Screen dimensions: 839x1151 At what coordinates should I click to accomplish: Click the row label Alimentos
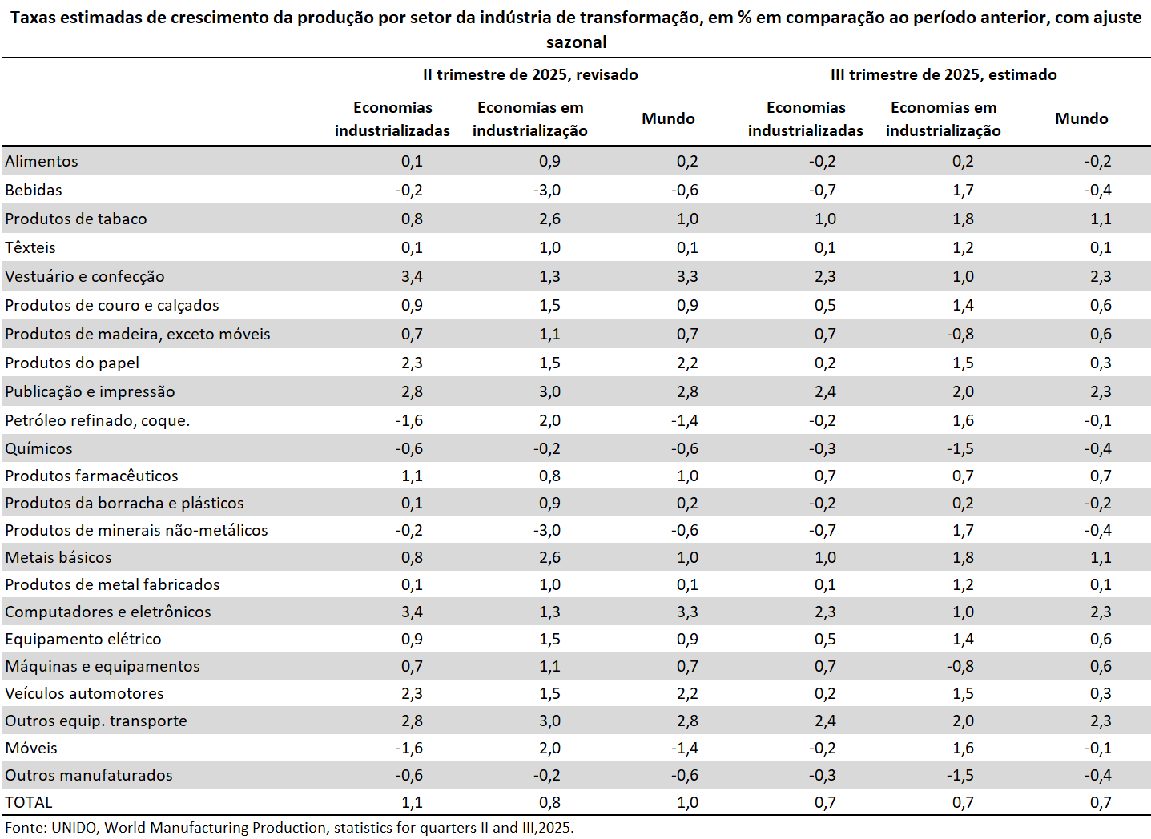[42, 161]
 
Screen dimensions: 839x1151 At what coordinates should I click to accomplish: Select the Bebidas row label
[34, 190]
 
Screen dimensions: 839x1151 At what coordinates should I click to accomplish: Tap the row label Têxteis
[30, 247]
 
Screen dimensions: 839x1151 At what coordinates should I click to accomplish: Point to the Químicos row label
[38, 448]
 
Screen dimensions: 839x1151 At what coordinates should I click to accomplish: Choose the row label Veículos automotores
[84, 693]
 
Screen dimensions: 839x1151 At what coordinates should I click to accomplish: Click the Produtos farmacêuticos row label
[91, 476]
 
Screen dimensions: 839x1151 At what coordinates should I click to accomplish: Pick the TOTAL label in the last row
[29, 802]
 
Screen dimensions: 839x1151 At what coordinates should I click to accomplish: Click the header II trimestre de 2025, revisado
[530, 74]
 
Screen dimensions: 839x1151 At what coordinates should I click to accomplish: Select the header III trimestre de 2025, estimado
[944, 74]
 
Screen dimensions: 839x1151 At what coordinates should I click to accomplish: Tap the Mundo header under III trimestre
[1081, 118]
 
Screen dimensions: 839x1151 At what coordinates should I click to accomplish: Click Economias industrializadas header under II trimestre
[392, 118]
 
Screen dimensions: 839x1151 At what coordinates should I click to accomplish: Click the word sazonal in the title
[576, 42]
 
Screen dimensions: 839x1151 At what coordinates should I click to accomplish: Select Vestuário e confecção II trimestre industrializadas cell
[412, 276]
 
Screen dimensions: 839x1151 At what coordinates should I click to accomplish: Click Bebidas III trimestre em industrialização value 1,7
[963, 190]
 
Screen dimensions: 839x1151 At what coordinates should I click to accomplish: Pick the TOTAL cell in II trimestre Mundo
[687, 802]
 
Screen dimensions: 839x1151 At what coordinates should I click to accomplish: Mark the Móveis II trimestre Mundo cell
[685, 748]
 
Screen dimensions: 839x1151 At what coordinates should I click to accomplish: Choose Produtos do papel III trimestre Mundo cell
[1101, 363]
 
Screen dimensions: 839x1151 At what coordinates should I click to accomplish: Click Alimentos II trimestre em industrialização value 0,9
[549, 161]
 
